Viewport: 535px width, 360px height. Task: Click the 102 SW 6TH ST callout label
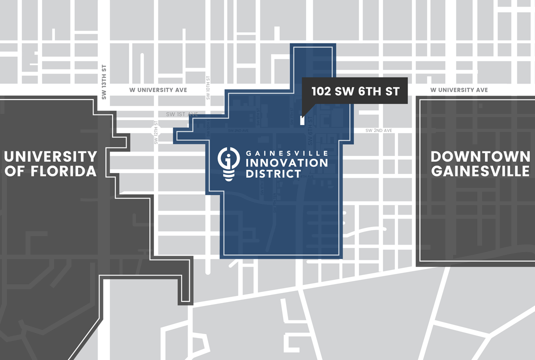[x=355, y=91]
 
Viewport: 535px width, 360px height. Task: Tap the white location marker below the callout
[x=302, y=120]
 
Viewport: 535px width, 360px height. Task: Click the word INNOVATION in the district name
[x=286, y=163]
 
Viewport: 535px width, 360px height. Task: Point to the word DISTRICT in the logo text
[x=273, y=174]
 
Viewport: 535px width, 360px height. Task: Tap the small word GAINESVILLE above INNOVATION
[x=286, y=152]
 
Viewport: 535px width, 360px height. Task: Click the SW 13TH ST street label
[x=104, y=82]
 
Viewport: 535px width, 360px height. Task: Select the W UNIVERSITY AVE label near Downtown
[x=458, y=90]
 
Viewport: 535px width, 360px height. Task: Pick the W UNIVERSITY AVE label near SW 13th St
[x=158, y=90]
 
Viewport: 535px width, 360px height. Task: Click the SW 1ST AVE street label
[x=182, y=114]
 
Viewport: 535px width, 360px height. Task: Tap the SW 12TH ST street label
[x=156, y=132]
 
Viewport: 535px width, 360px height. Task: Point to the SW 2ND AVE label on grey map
[x=378, y=130]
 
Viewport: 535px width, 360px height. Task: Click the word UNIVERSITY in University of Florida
[x=50, y=156]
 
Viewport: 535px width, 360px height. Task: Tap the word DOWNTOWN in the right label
[x=480, y=156]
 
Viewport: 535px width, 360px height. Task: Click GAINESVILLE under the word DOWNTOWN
[x=480, y=171]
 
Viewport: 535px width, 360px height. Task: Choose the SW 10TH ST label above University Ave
[x=208, y=87]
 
